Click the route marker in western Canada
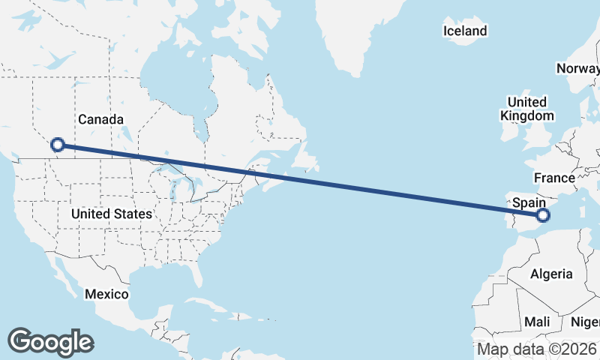[57, 145]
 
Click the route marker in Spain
[543, 216]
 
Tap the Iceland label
[465, 31]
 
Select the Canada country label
[100, 119]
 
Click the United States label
[112, 214]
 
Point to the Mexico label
[106, 293]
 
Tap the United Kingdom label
[526, 109]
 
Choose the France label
[554, 178]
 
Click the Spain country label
[528, 202]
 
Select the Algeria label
[551, 274]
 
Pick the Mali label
[537, 321]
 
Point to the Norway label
[577, 69]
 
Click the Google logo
[50, 342]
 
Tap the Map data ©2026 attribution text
[537, 349]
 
